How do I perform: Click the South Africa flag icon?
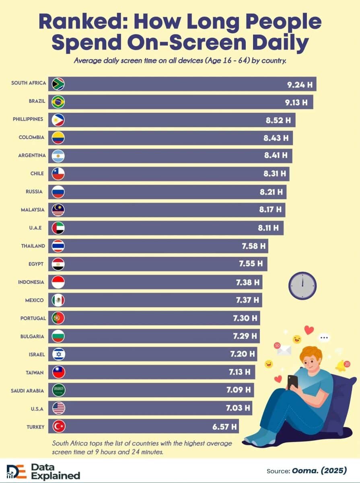58,83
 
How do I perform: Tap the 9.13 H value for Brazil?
296,102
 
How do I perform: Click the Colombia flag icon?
58,138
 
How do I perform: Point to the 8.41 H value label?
276,156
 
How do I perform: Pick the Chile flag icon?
58,174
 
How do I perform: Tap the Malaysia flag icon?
58,210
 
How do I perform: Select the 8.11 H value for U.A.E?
268,228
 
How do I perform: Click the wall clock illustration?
302,285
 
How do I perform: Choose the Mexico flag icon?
58,300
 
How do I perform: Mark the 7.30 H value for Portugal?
245,318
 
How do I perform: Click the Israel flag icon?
58,354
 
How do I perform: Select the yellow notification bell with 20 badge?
341,365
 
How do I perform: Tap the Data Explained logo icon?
16,471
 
